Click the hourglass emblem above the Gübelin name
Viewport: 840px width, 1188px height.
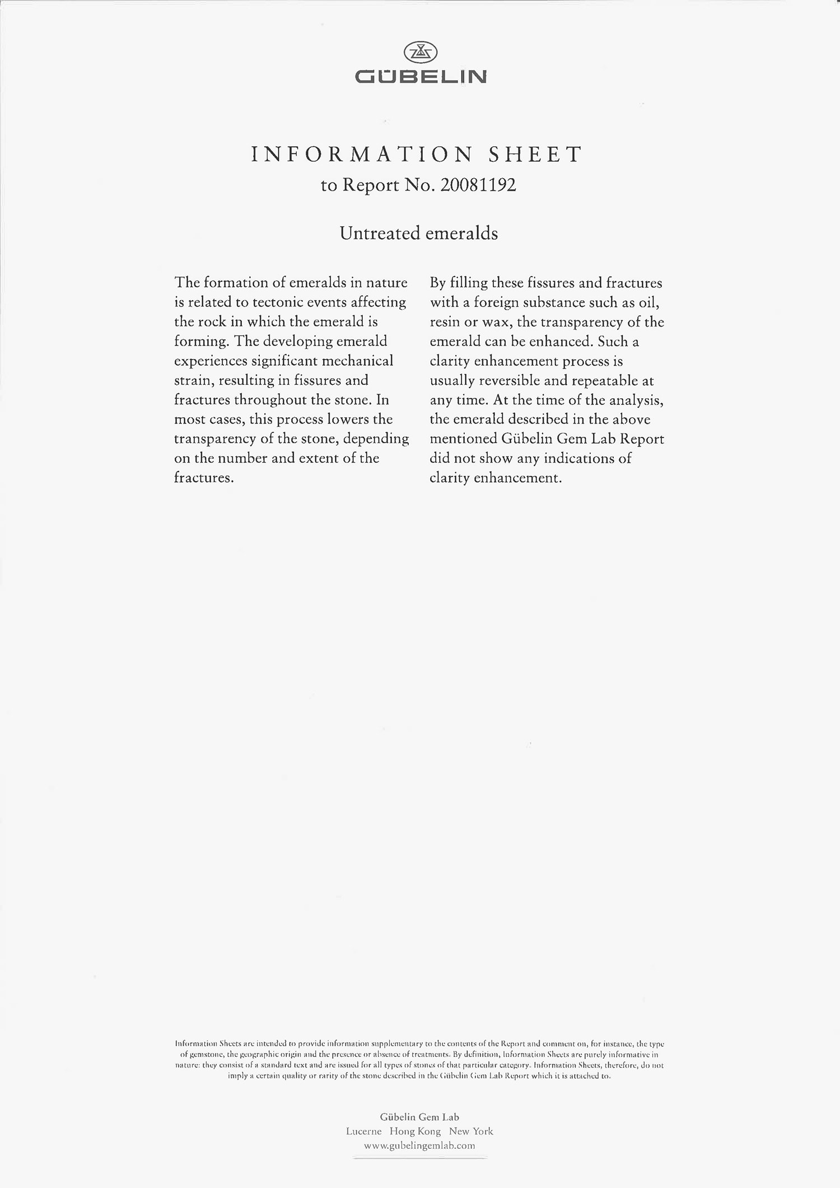pos(420,53)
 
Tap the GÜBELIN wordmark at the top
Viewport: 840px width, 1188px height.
pos(421,77)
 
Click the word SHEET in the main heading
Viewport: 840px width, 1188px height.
pos(535,155)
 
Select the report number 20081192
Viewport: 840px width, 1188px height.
pos(478,185)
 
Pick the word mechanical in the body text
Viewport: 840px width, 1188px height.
pos(356,361)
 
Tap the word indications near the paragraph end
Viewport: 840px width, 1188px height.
pos(579,459)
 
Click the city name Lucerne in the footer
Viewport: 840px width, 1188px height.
pos(363,1131)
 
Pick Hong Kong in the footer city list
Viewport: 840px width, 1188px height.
pos(415,1131)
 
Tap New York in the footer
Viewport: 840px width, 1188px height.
pos(471,1131)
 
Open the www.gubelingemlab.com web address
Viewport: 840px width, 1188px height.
pos(419,1146)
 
